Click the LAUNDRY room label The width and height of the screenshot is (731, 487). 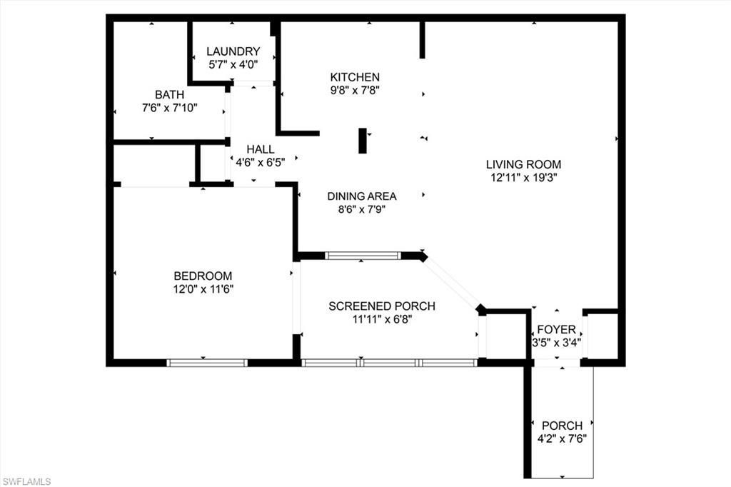[x=233, y=51]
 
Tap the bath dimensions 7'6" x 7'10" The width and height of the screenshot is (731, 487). [x=169, y=108]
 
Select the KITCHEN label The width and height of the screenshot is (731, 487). [x=354, y=77]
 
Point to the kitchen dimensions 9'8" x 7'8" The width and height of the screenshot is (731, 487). [x=354, y=91]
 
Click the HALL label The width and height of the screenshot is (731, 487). [x=261, y=149]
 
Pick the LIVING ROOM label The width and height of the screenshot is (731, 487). [x=523, y=164]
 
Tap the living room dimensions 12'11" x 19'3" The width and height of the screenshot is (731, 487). [x=523, y=178]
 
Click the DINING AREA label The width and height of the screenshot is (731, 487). [x=362, y=196]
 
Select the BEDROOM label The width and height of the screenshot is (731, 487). [x=203, y=276]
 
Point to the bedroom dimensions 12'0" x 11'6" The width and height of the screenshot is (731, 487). [x=203, y=289]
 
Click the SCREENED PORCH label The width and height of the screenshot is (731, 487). [x=382, y=306]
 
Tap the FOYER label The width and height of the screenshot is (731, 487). [x=556, y=329]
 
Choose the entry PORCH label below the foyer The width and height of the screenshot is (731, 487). [x=562, y=426]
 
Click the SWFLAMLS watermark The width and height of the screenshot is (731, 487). [x=26, y=481]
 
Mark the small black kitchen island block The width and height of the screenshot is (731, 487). [x=363, y=141]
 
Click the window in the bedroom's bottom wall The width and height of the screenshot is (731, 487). [x=207, y=363]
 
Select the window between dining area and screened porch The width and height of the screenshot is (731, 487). [x=363, y=256]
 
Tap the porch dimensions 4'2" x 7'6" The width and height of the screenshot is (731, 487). [x=562, y=439]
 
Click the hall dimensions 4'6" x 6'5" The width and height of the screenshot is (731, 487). [x=261, y=162]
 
